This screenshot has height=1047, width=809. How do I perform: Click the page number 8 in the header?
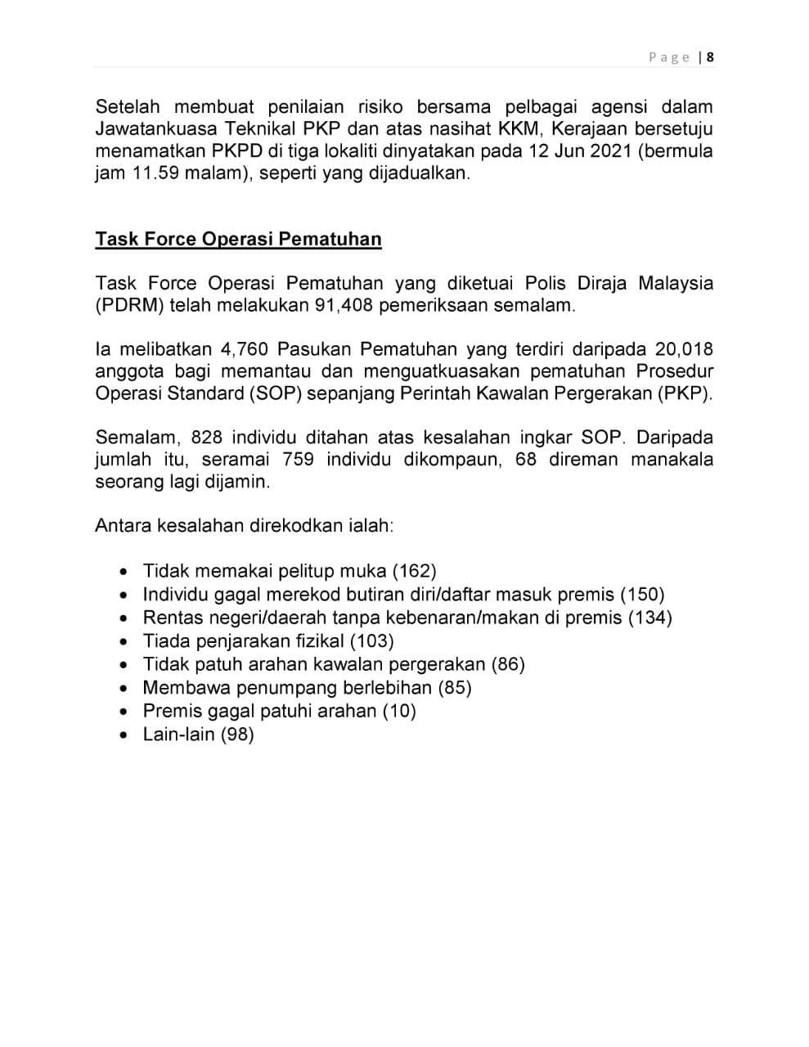click(x=710, y=57)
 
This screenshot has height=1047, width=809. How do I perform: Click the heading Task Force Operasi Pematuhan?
click(x=238, y=239)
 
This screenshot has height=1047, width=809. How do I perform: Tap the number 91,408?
click(x=344, y=306)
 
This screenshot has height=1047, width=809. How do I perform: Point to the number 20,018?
click(x=684, y=349)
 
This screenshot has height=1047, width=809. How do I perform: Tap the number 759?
click(x=298, y=459)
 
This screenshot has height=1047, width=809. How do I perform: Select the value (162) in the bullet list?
click(x=415, y=571)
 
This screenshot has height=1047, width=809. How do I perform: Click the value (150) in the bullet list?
click(x=642, y=595)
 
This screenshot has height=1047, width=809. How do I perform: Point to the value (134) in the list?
click(x=650, y=618)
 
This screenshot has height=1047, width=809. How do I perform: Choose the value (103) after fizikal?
click(x=372, y=641)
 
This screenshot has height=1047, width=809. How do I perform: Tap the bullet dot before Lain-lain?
click(x=124, y=735)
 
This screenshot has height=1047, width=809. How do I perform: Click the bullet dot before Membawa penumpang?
click(x=124, y=688)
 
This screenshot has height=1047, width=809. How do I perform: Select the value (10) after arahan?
click(x=399, y=711)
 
